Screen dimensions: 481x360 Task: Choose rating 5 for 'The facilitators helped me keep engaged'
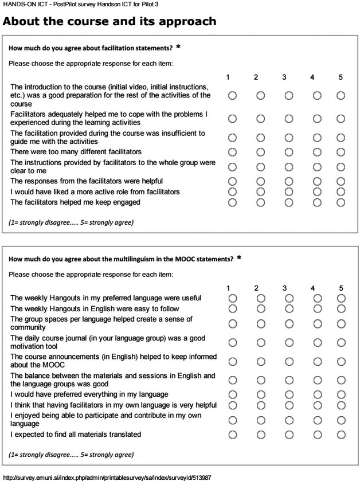tap(341, 202)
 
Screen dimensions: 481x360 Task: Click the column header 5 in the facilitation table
tap(341, 77)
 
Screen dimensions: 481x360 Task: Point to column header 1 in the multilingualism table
tap(228, 288)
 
